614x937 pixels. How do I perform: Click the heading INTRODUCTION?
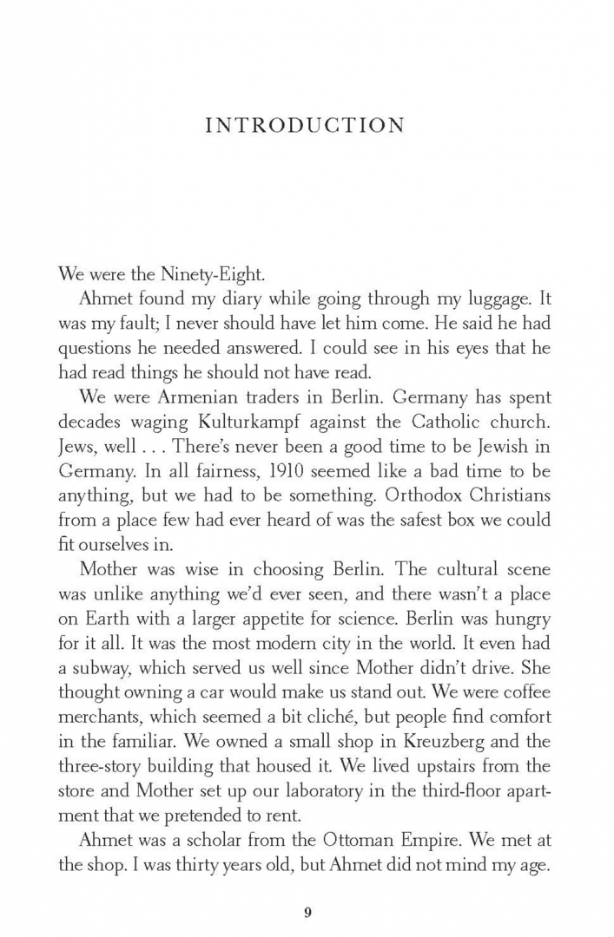(306, 126)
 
